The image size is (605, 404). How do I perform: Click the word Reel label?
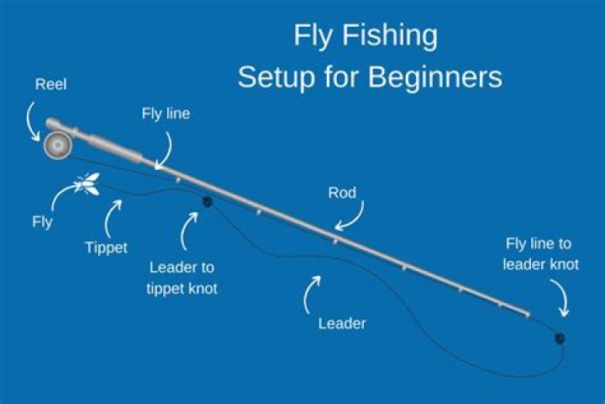[x=51, y=84]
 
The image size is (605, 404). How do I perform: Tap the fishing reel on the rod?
[x=57, y=145]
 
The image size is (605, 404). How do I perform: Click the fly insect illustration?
[x=88, y=183]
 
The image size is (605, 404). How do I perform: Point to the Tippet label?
[x=106, y=247]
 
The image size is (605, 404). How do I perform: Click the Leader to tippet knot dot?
[x=207, y=201]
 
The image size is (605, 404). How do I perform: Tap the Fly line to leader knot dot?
[x=559, y=338]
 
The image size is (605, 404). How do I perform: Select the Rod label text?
[x=343, y=193]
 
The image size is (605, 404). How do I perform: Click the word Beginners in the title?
[x=435, y=77]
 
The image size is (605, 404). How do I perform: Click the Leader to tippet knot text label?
[x=181, y=277]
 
